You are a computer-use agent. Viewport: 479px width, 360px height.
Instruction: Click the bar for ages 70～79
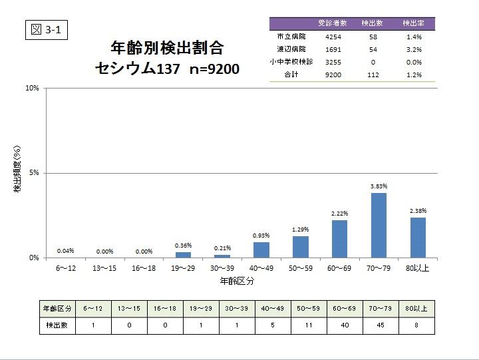click(379, 225)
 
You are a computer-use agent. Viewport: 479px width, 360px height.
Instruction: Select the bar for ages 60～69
click(339, 239)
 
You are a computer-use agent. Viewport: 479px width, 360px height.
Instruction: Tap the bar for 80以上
click(418, 238)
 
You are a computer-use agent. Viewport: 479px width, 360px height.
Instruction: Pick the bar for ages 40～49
click(261, 250)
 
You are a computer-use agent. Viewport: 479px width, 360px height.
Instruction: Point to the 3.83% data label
click(379, 186)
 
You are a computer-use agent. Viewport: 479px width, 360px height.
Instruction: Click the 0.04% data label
click(65, 251)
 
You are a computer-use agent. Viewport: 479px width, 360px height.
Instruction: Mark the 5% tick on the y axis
click(33, 173)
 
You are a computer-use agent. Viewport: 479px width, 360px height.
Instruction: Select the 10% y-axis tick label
click(32, 88)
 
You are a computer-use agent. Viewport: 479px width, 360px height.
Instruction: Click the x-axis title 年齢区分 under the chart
click(237, 281)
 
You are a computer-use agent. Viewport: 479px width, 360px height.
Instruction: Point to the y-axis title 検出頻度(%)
click(17, 173)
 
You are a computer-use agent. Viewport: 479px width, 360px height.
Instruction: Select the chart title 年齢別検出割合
click(166, 48)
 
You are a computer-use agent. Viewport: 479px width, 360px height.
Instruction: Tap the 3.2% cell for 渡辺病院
click(414, 49)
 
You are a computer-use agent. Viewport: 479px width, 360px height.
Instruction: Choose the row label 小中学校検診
click(291, 62)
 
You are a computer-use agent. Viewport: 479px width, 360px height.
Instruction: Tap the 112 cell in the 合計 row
click(373, 75)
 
